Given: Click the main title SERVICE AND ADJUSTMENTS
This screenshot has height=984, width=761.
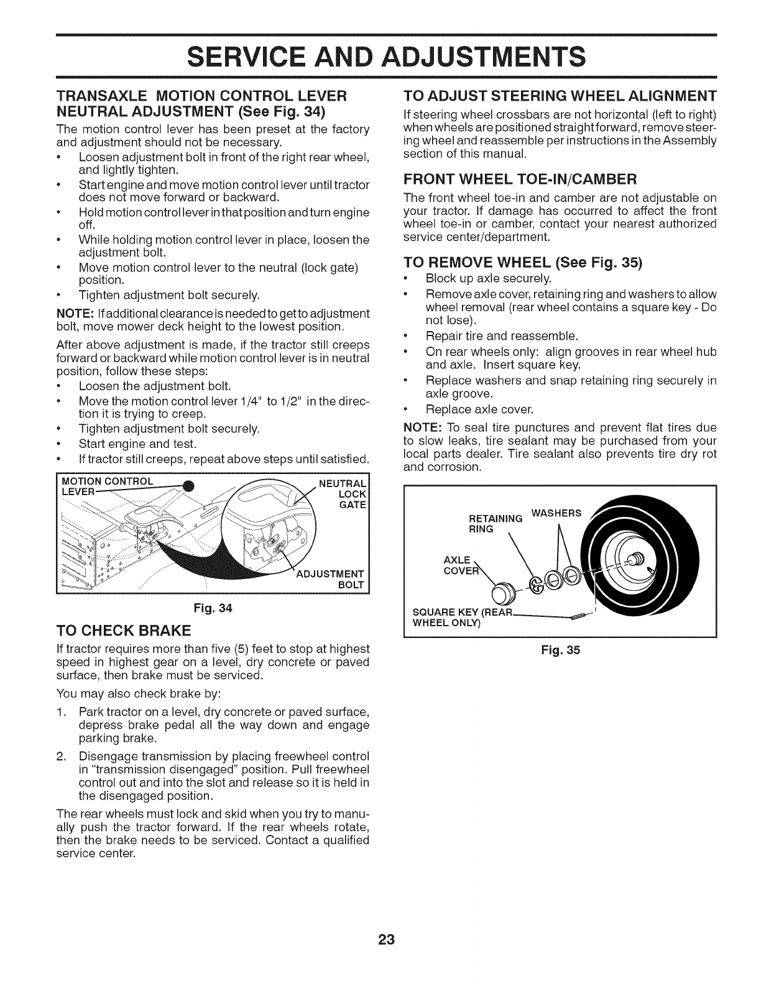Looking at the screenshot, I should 380,56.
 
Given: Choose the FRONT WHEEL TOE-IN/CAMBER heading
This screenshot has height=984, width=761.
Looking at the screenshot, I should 519,180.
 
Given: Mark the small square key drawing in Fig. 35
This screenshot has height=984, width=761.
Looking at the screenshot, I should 578,616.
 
